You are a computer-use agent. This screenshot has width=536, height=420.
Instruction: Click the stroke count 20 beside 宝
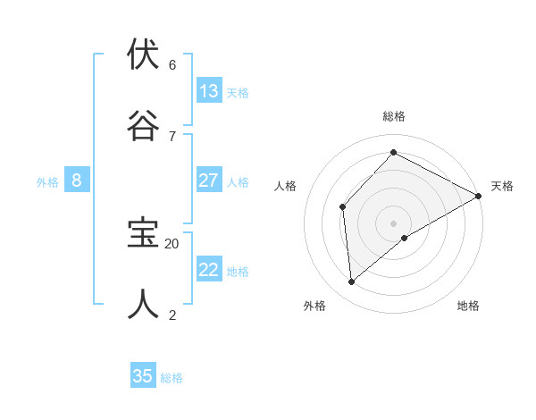tap(172, 243)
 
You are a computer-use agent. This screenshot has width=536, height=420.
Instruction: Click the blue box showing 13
tap(209, 91)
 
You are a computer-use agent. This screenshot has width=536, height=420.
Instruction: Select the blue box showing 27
tap(209, 181)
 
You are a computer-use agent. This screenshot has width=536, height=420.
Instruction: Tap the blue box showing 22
tap(209, 270)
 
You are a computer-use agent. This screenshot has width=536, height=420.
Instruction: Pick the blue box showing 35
tap(143, 376)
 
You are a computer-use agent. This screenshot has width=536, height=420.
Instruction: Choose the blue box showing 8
tap(77, 181)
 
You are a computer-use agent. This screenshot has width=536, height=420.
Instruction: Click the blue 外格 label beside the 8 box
tap(47, 182)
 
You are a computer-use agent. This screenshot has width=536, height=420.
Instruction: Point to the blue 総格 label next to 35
tap(172, 378)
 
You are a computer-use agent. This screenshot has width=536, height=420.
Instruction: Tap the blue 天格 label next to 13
tap(238, 93)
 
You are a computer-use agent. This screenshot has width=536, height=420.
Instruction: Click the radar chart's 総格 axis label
tap(393, 116)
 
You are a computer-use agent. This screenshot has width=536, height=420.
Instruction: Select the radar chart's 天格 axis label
tap(502, 186)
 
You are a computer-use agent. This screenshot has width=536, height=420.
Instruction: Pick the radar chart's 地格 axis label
tap(468, 306)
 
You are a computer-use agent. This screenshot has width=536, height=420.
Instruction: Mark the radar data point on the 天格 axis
tap(479, 196)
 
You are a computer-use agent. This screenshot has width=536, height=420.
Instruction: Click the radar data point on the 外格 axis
tap(352, 282)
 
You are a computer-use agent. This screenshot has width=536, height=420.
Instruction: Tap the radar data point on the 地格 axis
tap(405, 238)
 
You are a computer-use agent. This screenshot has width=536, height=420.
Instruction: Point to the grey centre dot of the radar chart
tap(393, 223)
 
